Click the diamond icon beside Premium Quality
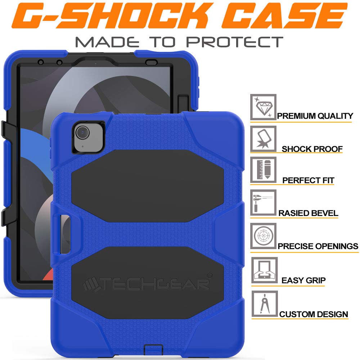coord(263,107)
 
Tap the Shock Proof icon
coord(263,139)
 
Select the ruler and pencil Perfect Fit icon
coord(263,169)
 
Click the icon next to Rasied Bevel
coord(263,202)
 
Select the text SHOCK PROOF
coord(312,149)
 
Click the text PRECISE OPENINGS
coord(318,246)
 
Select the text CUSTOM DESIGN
coord(314,314)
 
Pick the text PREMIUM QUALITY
coord(315,116)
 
